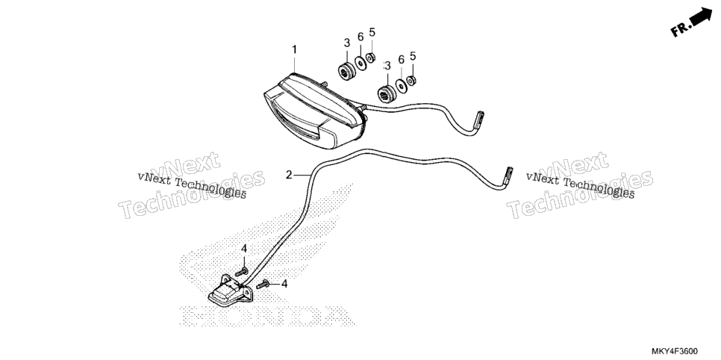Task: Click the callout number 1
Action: click(294, 49)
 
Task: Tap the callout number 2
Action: click(289, 175)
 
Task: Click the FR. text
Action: click(681, 29)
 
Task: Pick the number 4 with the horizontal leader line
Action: click(284, 284)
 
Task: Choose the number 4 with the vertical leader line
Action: click(244, 249)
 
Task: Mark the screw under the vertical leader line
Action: click(242, 272)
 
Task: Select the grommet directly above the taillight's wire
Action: click(386, 93)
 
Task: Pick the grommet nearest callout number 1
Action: click(347, 71)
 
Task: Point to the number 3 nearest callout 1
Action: click(347, 43)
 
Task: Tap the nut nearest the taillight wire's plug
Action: click(411, 80)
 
